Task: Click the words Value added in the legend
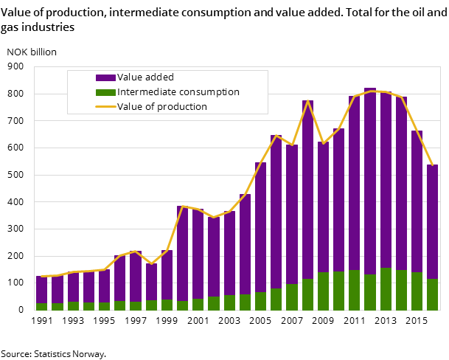tap(145, 77)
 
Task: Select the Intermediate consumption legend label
tap(178, 92)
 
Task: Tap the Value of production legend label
tap(162, 107)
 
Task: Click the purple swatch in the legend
tap(105, 77)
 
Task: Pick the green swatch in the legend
tap(105, 92)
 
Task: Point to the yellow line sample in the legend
tap(105, 107)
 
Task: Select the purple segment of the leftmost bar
tap(41, 289)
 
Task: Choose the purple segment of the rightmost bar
tap(433, 221)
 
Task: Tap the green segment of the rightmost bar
tap(433, 294)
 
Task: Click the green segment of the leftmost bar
tap(41, 306)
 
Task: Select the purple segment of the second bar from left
tap(57, 289)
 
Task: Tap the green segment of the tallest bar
tap(370, 292)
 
